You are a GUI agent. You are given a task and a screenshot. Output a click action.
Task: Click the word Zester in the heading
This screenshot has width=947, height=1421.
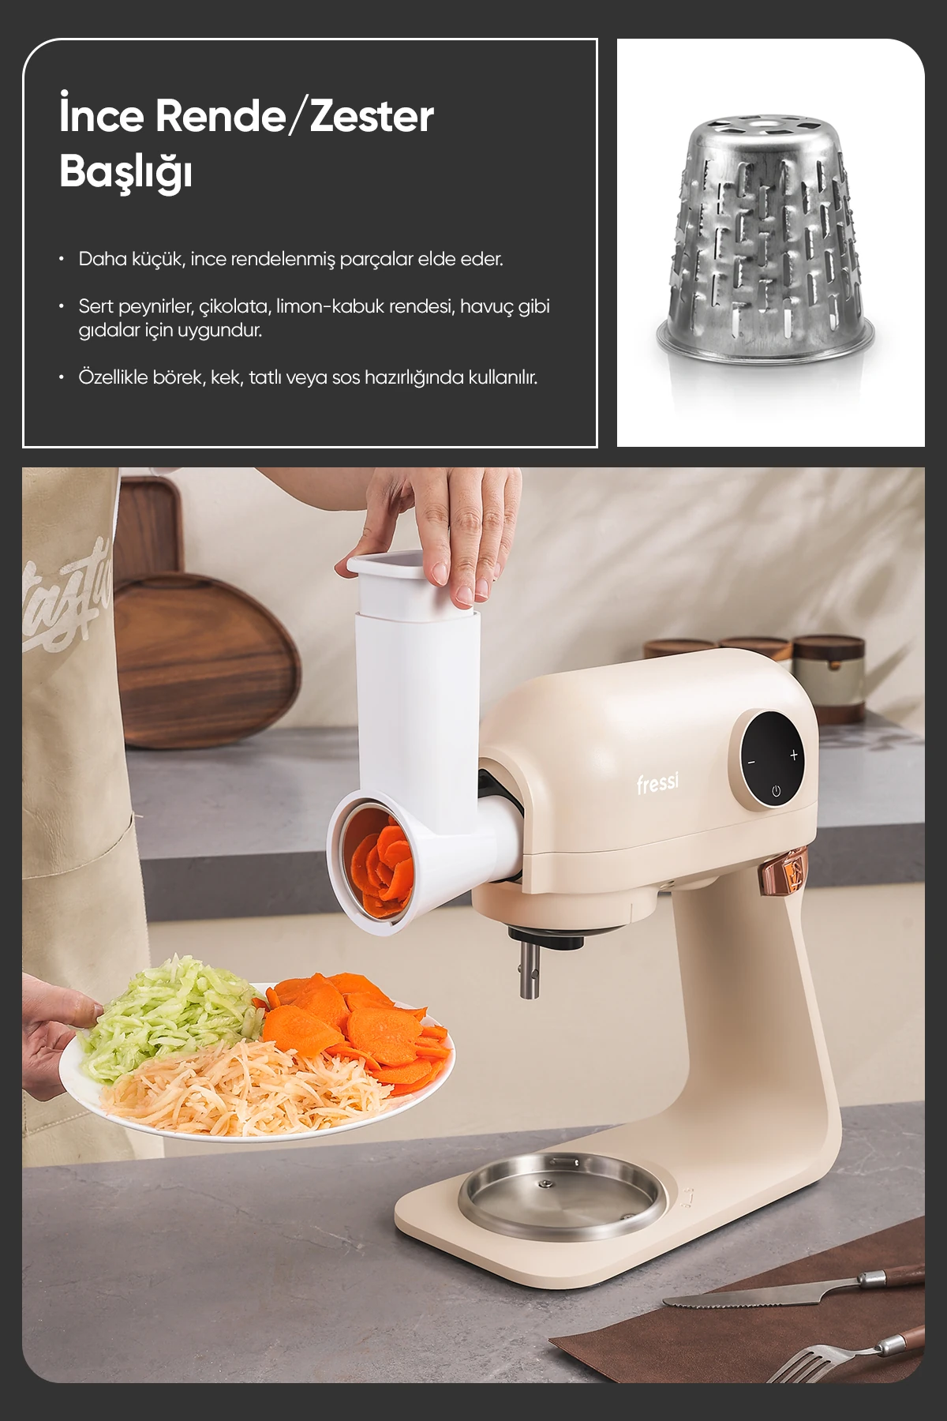point(372,116)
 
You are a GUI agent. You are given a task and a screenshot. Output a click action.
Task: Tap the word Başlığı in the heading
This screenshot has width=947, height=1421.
point(125,171)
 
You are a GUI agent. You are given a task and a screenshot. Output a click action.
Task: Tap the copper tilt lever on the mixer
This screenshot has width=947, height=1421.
point(780,872)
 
